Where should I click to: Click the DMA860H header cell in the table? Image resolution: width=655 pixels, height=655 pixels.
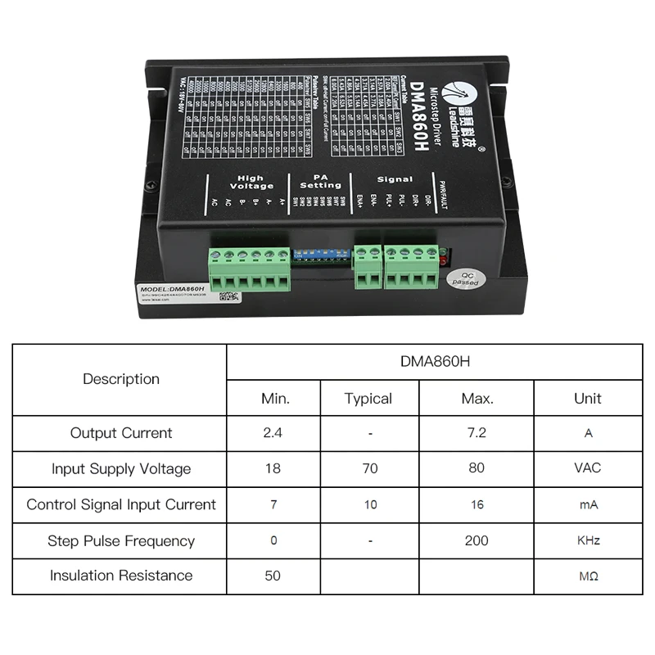434,361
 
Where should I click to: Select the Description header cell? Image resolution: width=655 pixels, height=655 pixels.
121,379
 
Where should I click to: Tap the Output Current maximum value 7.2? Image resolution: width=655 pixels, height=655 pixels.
477,433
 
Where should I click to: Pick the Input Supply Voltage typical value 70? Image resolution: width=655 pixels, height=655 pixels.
370,468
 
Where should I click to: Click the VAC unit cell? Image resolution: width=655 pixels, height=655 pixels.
588,468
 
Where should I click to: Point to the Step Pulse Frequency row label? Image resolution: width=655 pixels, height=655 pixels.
121,540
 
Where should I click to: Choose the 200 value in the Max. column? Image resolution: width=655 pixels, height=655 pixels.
477,540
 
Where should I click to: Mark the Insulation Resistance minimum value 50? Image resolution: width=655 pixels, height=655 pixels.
273,576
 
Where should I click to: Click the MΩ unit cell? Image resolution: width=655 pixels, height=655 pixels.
588,576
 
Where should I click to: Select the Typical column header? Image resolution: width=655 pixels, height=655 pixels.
368,399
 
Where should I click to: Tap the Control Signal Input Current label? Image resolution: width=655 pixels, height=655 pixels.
121,504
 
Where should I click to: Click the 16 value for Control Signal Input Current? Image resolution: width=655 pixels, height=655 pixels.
477,504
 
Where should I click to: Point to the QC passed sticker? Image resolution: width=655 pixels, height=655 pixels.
469,280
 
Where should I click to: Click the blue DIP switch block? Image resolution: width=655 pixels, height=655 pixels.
321,254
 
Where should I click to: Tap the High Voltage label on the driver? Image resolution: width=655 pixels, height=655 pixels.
251,182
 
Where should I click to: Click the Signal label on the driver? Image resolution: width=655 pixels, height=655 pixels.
395,178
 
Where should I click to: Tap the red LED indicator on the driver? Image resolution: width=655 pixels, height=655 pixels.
444,262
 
